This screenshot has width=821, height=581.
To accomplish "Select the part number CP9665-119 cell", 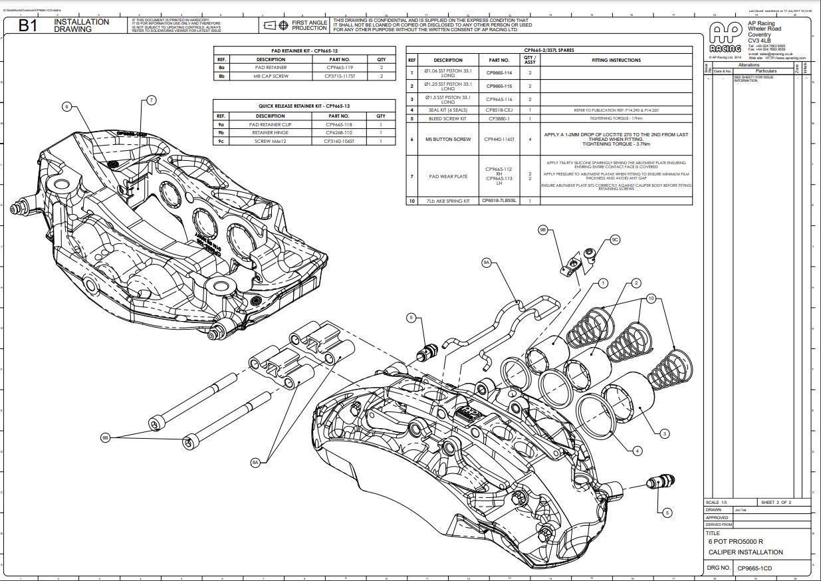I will coord(340,68).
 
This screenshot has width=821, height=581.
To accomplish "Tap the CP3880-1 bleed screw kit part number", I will coord(499,118).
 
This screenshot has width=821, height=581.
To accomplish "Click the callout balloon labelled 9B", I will coord(543,230).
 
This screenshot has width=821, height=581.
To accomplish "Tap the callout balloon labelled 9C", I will coord(615,240).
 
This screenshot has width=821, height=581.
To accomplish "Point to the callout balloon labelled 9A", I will coord(487,263).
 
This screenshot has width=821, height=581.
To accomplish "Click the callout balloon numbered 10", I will coord(651,299).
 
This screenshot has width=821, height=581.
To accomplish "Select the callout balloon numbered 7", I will coord(151,100).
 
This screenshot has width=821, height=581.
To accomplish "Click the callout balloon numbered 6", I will coord(66,106).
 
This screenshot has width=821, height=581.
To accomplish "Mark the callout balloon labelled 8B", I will coord(105,437).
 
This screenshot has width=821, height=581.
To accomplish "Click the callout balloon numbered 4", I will coord(638,451).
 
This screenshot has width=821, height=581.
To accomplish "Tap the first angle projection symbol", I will coord(270,26).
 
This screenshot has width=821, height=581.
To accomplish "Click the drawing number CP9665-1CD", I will coord(754,568).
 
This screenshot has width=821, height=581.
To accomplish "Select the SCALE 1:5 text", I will coord(717,503).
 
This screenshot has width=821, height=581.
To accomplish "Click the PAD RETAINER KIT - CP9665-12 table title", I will coord(304,51).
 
